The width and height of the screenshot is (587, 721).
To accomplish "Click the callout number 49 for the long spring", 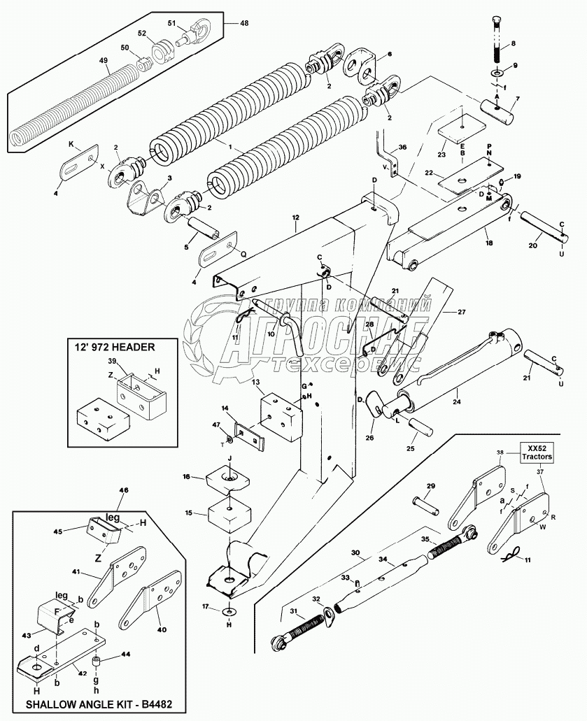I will click(104, 61).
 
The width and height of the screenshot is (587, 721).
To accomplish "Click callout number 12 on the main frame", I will click(296, 219).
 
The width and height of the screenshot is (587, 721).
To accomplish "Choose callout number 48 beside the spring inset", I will click(244, 23).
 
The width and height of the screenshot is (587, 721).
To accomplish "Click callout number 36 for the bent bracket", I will click(402, 148).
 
